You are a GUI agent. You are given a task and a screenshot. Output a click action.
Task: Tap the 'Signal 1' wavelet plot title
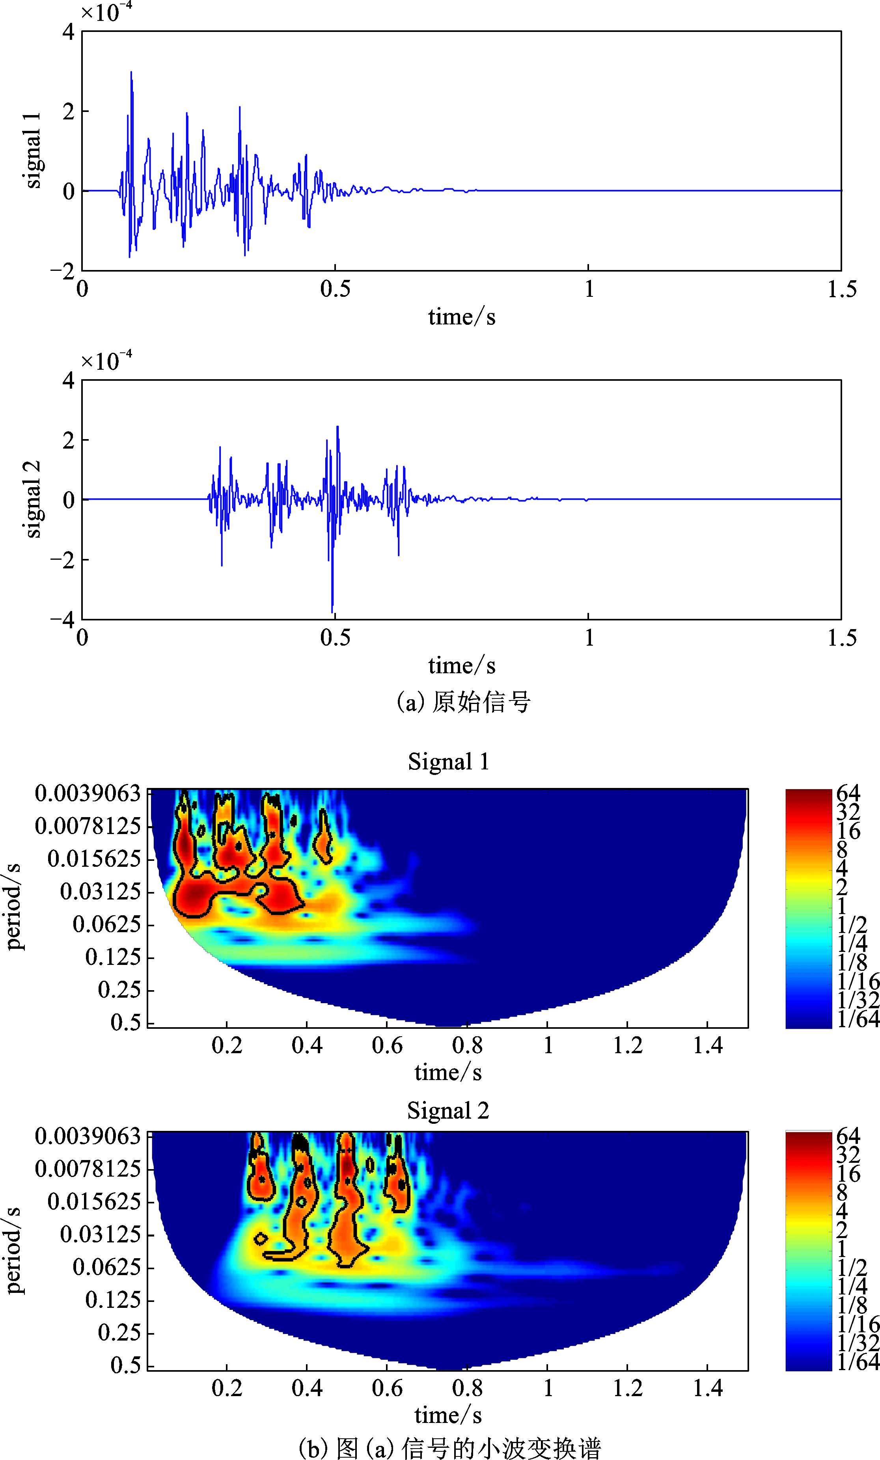pyautogui.click(x=449, y=762)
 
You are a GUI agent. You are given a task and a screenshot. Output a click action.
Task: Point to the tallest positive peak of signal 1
pyautogui.click(x=131, y=72)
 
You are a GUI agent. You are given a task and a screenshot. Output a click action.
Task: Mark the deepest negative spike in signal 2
pyautogui.click(x=332, y=611)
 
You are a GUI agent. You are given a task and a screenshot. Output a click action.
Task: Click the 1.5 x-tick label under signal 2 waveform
pyautogui.click(x=841, y=639)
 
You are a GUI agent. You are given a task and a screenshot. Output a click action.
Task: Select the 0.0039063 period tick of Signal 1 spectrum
pyautogui.click(x=88, y=793)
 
